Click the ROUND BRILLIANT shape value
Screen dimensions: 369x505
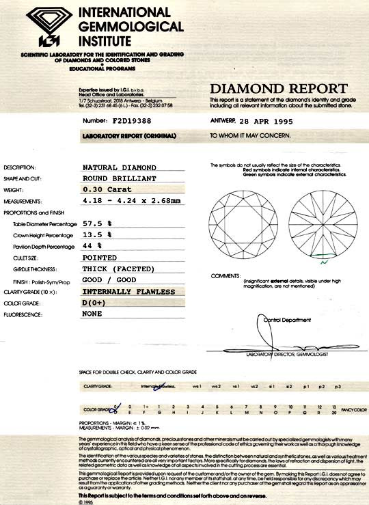120,178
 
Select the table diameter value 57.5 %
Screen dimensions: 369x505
98,223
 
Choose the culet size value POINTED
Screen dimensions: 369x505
100,258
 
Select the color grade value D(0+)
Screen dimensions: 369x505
96,303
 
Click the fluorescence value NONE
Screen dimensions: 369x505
93,314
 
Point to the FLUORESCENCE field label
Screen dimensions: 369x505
25,314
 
